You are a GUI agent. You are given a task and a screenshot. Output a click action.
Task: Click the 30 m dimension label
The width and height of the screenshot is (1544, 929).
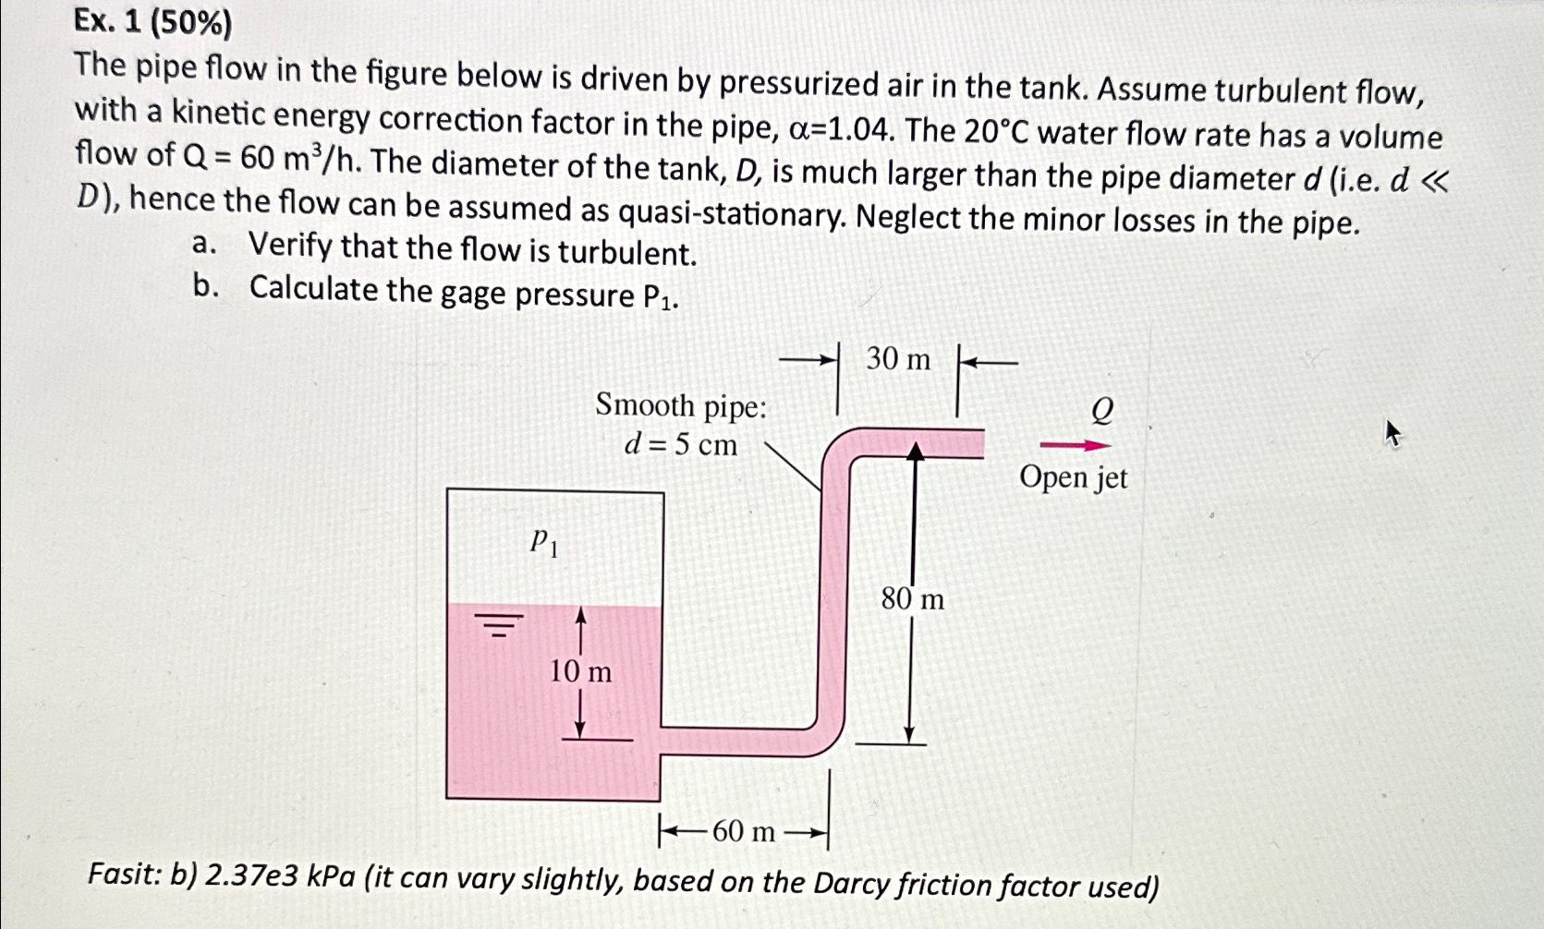(898, 358)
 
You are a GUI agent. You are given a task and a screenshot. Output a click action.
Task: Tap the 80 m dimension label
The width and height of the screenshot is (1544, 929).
(912, 599)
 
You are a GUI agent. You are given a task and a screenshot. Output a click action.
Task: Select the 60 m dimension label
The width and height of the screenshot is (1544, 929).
(744, 832)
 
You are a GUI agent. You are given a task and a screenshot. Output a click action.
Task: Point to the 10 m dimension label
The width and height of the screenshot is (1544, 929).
(580, 671)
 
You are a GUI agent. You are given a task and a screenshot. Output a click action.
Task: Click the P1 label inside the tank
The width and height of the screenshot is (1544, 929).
(543, 542)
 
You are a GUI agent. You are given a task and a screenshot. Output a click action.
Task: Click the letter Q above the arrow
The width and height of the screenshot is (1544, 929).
(1101, 409)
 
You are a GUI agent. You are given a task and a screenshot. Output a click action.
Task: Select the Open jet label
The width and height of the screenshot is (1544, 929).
(1074, 478)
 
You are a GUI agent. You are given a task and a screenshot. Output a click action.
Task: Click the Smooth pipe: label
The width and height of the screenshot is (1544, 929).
(681, 405)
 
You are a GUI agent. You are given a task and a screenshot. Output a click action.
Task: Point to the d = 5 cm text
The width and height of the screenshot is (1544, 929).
(681, 445)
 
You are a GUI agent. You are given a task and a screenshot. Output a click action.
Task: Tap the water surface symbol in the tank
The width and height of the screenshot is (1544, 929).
(499, 625)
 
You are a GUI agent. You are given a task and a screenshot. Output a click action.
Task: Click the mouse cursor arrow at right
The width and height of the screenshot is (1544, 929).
(1392, 433)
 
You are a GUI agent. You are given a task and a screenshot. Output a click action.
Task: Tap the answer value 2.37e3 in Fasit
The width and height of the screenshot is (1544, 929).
(249, 875)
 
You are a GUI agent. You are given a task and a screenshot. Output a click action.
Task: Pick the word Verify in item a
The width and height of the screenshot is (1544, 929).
(290, 247)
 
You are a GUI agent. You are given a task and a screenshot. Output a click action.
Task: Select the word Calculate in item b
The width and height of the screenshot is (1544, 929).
(313, 289)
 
